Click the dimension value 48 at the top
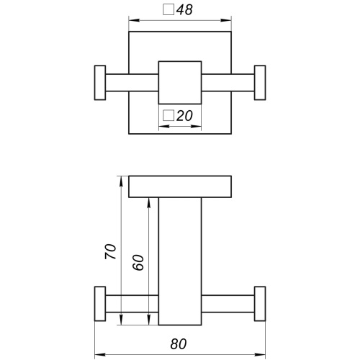184,10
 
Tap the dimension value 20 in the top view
184,116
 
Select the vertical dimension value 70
111,251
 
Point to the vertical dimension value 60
138,263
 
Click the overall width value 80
179,344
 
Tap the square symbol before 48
168,9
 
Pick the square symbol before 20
168,115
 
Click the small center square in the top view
180,83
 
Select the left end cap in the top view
100,83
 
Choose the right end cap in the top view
260,83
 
